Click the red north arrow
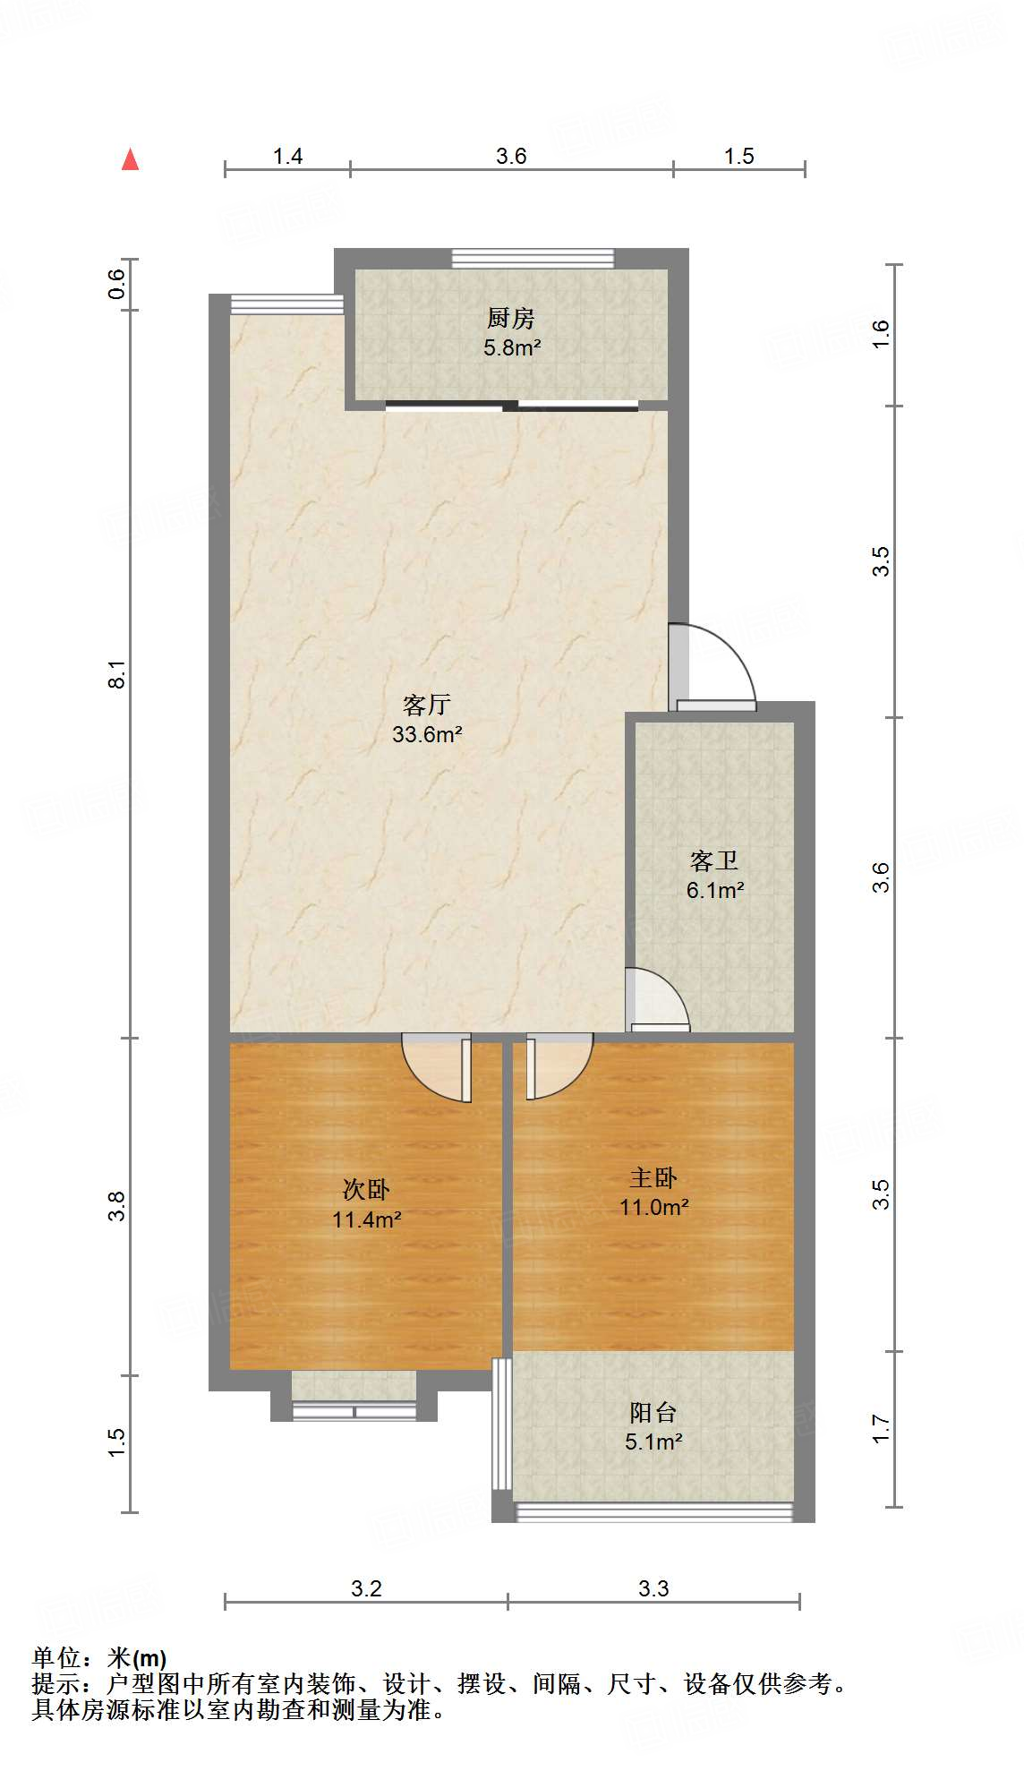click(x=131, y=159)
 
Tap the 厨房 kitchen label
click(x=511, y=318)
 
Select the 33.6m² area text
click(x=427, y=735)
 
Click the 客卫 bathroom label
click(x=714, y=860)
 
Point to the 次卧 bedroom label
click(x=366, y=1190)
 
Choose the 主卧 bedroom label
click(x=653, y=1178)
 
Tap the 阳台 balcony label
click(x=653, y=1413)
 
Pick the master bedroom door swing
click(x=559, y=1065)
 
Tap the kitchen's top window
click(x=533, y=259)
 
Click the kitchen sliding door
click(x=511, y=406)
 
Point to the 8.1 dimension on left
click(x=117, y=674)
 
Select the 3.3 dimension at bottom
click(x=653, y=1588)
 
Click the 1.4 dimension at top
click(x=287, y=157)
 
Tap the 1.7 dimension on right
click(x=881, y=1429)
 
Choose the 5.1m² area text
click(x=653, y=1442)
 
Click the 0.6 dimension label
click(x=117, y=285)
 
